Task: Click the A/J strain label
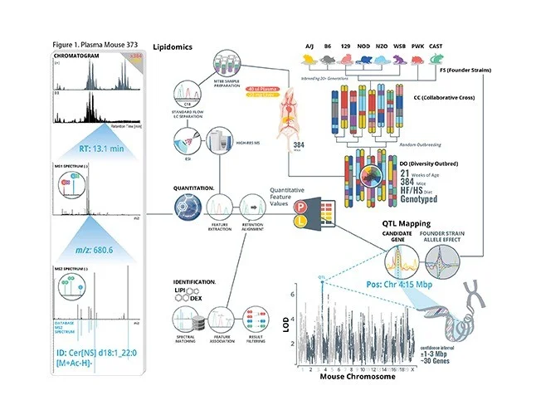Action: [307, 47]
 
